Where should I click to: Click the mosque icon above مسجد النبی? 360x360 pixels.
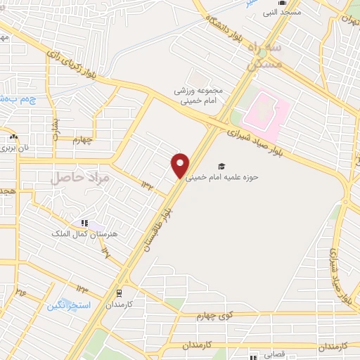283,3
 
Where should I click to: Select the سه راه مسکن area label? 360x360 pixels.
266,55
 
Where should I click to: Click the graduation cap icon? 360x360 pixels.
221,167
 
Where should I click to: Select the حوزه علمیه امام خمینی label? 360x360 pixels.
222,177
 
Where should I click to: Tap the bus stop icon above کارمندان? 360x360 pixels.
119,293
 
